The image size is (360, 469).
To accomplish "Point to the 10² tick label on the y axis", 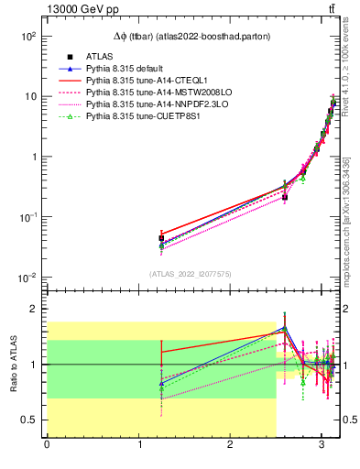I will pyautogui.click(x=27, y=37).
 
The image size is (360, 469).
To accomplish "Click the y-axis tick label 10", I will pyautogui.click(x=30, y=96).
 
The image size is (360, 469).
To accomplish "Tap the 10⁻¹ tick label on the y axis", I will pyautogui.click(x=27, y=217).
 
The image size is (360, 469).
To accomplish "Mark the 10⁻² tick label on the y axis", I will pyautogui.click(x=27, y=278).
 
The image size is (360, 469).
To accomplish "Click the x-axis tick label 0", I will pyautogui.click(x=47, y=446).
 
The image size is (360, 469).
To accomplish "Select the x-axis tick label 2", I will pyautogui.click(x=230, y=446).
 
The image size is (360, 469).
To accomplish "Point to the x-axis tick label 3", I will pyautogui.click(x=322, y=446).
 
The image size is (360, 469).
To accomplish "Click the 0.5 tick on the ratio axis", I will pyautogui.click(x=31, y=420).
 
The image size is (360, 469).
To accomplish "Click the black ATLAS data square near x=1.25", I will pyautogui.click(x=161, y=238).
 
